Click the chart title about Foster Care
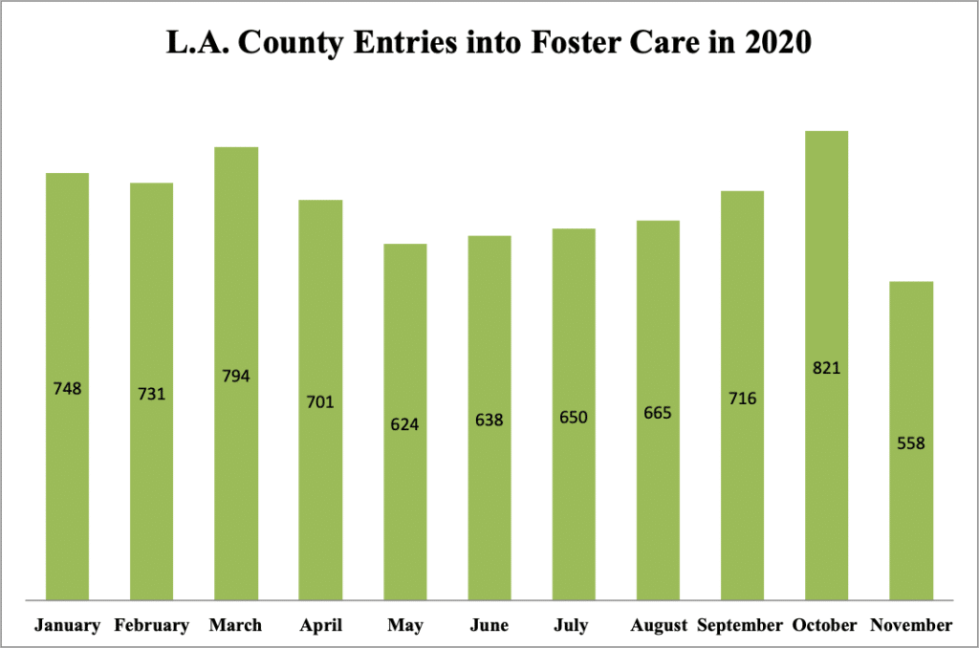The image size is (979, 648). [x=489, y=44]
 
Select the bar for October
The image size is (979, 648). [x=826, y=287]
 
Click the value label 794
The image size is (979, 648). [x=236, y=376]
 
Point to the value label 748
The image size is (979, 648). [x=67, y=389]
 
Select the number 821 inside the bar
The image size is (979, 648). [x=826, y=368]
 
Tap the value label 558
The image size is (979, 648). [x=911, y=443]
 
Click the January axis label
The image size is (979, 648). [x=67, y=626]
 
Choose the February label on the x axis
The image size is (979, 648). [x=151, y=626]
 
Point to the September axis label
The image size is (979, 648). [x=740, y=626]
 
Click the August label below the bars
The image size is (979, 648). [x=659, y=626]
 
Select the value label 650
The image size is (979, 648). [x=574, y=418]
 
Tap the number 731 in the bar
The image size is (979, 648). [x=151, y=393]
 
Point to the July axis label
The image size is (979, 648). [x=574, y=626]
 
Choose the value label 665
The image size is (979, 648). [x=658, y=413]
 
